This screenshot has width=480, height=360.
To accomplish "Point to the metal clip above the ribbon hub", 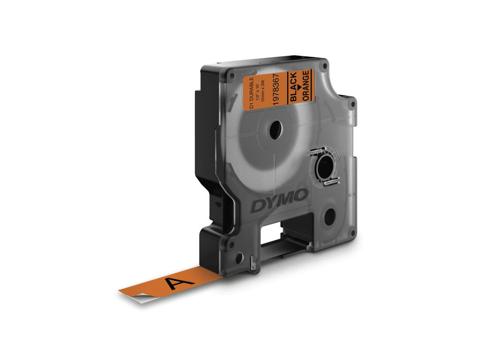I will (x=316, y=151).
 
